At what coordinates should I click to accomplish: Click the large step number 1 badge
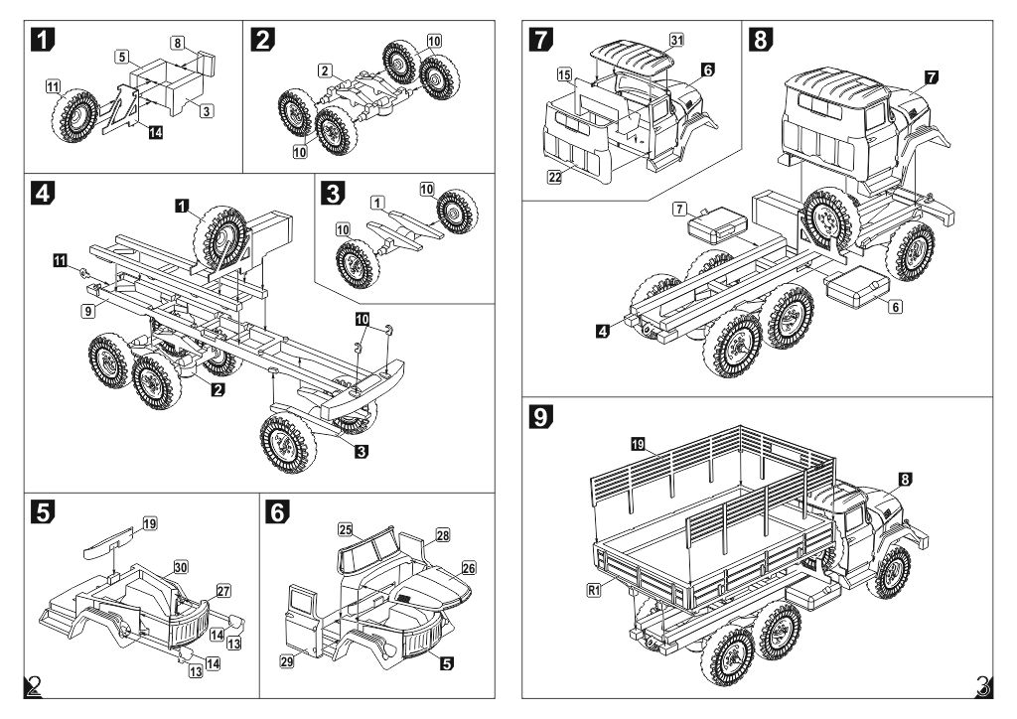[x=43, y=40]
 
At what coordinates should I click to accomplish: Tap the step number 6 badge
[x=278, y=512]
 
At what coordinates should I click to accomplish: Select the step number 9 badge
[x=540, y=416]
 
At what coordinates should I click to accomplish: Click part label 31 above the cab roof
[x=676, y=40]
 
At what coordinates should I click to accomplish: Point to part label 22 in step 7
[x=554, y=177]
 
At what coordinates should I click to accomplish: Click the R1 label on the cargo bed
[x=594, y=590]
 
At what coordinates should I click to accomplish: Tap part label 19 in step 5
[x=150, y=523]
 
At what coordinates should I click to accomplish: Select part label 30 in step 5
[x=181, y=567]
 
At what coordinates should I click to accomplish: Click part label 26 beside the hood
[x=469, y=569]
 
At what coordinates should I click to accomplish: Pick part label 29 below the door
[x=287, y=661]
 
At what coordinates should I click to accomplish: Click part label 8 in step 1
[x=178, y=44]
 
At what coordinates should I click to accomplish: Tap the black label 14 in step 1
[x=155, y=132]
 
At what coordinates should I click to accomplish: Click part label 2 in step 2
[x=326, y=71]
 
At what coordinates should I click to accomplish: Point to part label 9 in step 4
[x=88, y=311]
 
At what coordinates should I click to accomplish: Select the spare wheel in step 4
[x=220, y=237]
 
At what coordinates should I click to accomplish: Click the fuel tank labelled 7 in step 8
[x=716, y=224]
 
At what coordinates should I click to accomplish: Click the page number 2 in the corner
[x=34, y=686]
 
